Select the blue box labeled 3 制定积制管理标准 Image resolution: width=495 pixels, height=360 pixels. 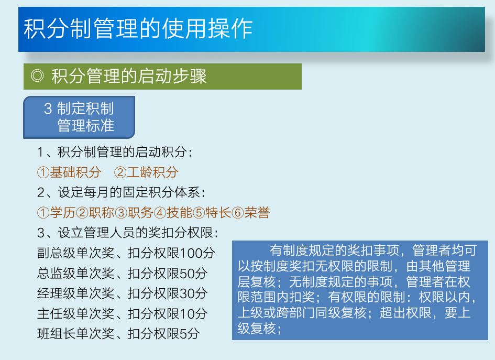pyautogui.click(x=79, y=117)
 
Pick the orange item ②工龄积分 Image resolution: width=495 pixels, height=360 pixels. pyautogui.click(x=146, y=172)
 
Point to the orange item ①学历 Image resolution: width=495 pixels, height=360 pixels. pyautogui.click(x=56, y=213)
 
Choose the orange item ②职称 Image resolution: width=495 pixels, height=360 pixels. pyautogui.click(x=95, y=213)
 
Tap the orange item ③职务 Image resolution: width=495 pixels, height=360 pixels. pyautogui.click(x=134, y=213)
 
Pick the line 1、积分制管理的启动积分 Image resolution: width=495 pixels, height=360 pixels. pyautogui.click(x=115, y=152)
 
